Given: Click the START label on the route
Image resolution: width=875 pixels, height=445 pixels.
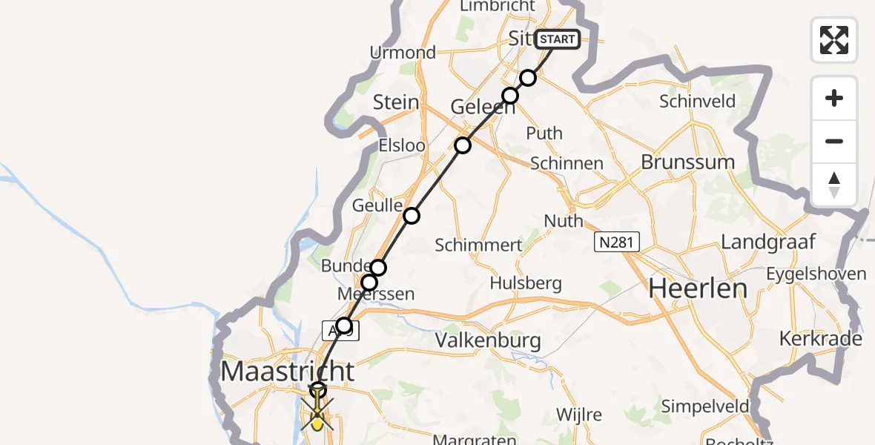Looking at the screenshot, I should (x=557, y=39).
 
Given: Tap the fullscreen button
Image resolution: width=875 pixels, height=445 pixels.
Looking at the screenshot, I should (x=834, y=39).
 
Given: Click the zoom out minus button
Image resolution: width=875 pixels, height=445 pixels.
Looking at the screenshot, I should (x=834, y=141).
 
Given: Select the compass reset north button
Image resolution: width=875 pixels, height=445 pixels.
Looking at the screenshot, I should (x=834, y=185).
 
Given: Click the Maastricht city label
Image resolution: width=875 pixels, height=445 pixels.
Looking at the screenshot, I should (x=288, y=370).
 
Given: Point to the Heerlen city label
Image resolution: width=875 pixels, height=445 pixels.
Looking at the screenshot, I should (x=698, y=289).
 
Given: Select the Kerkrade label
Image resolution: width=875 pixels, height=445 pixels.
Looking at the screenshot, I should (x=821, y=339).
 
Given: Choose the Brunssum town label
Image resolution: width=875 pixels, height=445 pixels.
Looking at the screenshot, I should (x=687, y=162).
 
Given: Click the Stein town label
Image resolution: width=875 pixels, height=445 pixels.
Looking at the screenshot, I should (x=396, y=102).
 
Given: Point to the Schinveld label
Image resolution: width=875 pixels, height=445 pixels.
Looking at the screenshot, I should (x=697, y=102).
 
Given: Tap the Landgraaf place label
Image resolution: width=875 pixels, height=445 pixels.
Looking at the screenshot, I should (x=767, y=242).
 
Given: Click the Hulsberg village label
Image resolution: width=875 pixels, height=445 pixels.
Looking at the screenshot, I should (x=526, y=283).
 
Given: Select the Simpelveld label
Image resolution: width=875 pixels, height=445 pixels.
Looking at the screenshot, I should (x=705, y=406).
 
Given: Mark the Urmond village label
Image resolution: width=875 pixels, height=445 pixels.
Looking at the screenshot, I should (x=403, y=53).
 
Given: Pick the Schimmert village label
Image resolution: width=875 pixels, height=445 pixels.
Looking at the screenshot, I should (x=478, y=245).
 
